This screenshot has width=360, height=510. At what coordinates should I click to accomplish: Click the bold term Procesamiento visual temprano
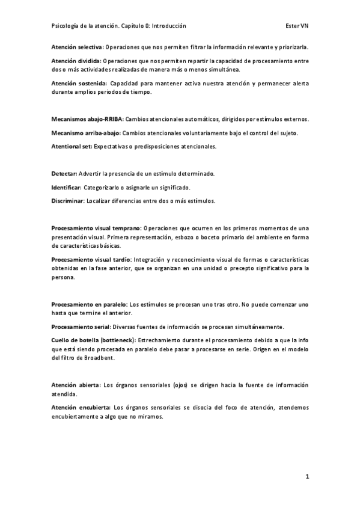tap(96, 228)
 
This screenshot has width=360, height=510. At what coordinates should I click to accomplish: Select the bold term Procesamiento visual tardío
tap(92, 259)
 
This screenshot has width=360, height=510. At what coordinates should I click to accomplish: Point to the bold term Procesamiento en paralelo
tap(88, 304)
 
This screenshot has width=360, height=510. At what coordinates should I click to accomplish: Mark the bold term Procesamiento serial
tap(81, 327)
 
